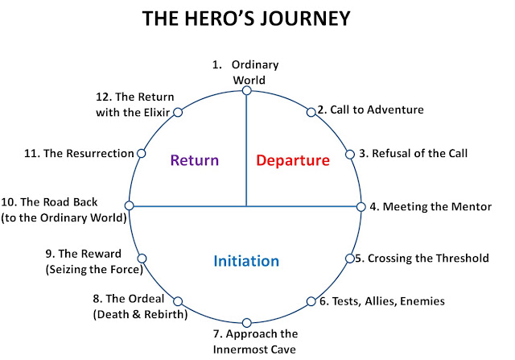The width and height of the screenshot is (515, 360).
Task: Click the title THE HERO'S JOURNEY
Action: click(246, 19)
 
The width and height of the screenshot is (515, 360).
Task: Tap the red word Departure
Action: click(293, 160)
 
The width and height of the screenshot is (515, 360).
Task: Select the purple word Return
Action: click(195, 160)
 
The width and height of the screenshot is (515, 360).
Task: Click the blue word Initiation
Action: click(246, 261)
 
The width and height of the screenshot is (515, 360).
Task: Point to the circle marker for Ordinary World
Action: click(247, 90)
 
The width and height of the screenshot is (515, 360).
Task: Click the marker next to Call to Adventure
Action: click(311, 112)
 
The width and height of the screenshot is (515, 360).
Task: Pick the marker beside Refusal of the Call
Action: click(350, 154)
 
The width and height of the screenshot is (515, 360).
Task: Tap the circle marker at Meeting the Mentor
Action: click(361, 207)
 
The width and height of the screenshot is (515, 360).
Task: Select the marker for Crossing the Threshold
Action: click(350, 259)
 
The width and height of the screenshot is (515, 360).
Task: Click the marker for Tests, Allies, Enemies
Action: click(311, 301)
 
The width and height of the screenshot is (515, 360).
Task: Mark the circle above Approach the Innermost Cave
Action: click(247, 323)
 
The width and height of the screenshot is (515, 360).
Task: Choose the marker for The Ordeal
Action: click(178, 301)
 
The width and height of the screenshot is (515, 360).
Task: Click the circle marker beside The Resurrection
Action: click(142, 153)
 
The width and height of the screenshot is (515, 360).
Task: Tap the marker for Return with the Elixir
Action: click(178, 113)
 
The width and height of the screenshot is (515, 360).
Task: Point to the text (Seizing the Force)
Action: click(94, 270)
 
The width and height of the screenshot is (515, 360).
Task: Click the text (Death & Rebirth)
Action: click(140, 315)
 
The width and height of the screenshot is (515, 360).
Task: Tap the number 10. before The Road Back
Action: click(9, 202)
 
